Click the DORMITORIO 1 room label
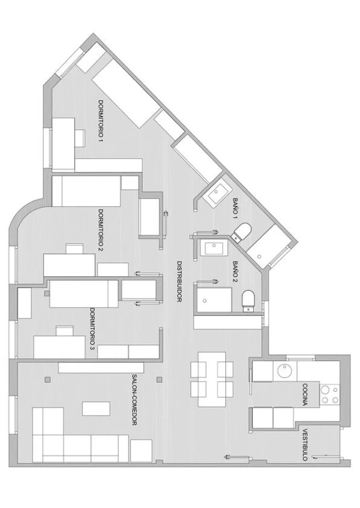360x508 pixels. (101, 121)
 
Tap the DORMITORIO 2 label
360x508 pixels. (101, 230)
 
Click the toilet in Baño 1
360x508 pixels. (243, 232)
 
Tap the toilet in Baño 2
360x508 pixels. (249, 301)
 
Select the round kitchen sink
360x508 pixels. (285, 371)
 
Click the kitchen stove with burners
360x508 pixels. (330, 395)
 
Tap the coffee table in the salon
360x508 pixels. (96, 408)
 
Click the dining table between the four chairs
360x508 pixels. (212, 379)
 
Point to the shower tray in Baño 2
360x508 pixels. (213, 300)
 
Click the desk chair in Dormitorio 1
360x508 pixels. (80, 138)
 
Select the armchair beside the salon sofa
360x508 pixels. (141, 451)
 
